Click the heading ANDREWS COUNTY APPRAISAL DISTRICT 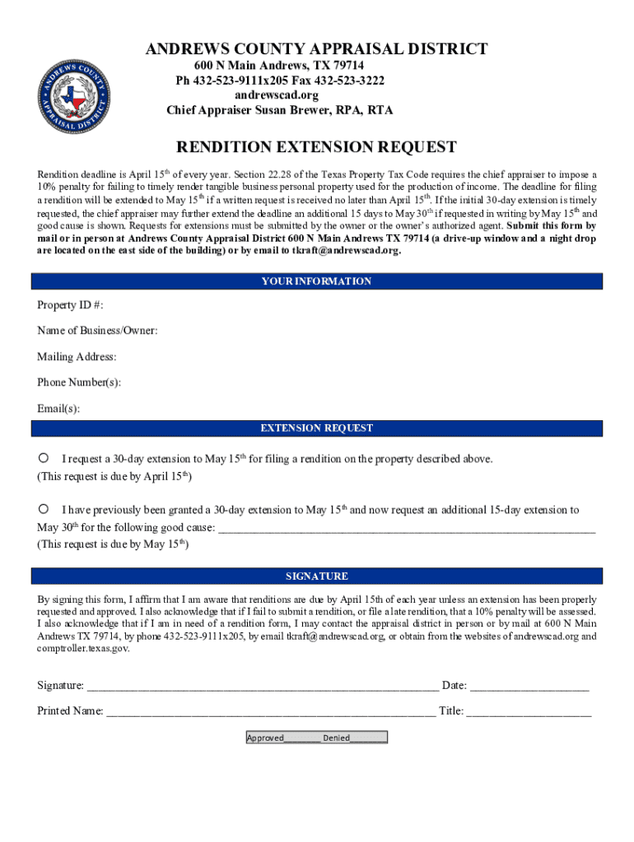tap(317, 49)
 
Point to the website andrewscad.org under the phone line tap(279, 95)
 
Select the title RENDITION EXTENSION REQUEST tap(317, 148)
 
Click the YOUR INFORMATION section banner tap(317, 281)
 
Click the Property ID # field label tap(70, 305)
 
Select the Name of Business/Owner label tap(97, 331)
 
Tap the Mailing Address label tap(77, 357)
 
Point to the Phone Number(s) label tap(79, 382)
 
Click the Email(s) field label tap(58, 409)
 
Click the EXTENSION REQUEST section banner tap(317, 428)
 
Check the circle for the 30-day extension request tap(44, 457)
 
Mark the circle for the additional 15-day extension tap(44, 509)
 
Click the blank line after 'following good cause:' tap(404, 529)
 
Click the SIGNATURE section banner tap(317, 576)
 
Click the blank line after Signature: tap(263, 687)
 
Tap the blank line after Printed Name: tap(271, 712)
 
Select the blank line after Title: tap(529, 712)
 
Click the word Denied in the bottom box tap(337, 738)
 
